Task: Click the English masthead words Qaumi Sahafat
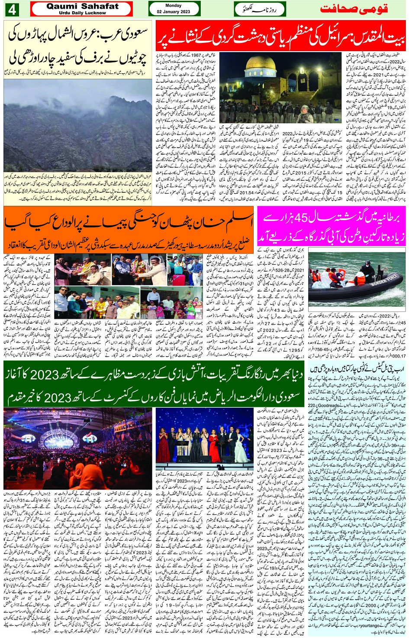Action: click(82, 6)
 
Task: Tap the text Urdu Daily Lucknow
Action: click(82, 13)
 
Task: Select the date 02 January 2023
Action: click(174, 12)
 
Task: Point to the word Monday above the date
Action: click(174, 6)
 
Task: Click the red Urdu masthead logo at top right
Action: click(354, 9)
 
